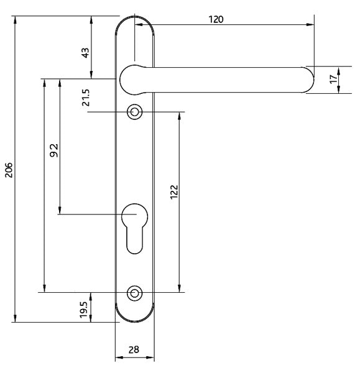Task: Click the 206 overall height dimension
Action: [9, 169]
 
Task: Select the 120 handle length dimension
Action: [215, 19]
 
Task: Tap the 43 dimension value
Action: [86, 53]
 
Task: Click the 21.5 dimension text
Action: [86, 98]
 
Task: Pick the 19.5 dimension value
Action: [84, 309]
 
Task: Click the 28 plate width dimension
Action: [134, 350]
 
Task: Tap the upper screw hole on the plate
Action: [134, 113]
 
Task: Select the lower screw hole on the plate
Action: [134, 292]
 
